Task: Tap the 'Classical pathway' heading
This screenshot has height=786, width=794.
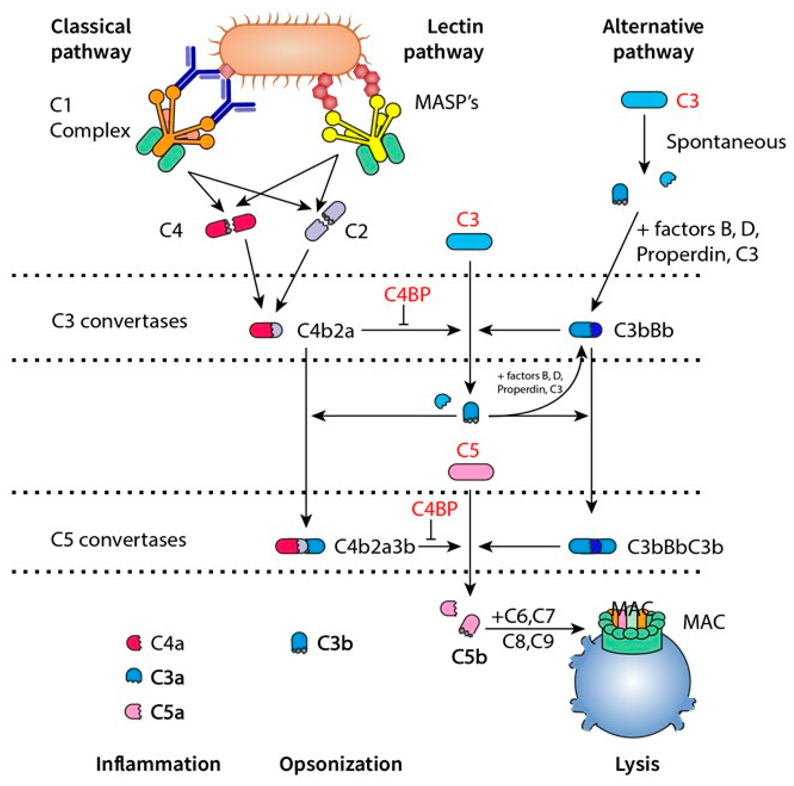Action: pyautogui.click(x=91, y=40)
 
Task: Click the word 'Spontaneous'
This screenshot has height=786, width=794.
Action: pyautogui.click(x=726, y=142)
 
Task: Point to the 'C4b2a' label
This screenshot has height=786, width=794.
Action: pyautogui.click(x=325, y=330)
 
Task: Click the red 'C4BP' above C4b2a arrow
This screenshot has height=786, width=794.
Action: pyautogui.click(x=407, y=295)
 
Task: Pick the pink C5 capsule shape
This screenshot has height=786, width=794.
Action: pyautogui.click(x=470, y=472)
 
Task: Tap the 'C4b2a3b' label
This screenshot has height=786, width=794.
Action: pyautogui.click(x=374, y=547)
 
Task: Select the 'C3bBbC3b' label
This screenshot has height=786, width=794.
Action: pyautogui.click(x=675, y=547)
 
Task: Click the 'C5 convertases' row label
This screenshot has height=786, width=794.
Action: pyautogui.click(x=118, y=540)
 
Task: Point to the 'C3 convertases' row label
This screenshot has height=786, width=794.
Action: pyautogui.click(x=119, y=321)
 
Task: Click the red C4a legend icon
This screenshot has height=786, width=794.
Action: pyautogui.click(x=134, y=643)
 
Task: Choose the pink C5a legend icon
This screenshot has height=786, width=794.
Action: pyautogui.click(x=134, y=711)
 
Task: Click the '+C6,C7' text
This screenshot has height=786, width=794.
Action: pyautogui.click(x=523, y=616)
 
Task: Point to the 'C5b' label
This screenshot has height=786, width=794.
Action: pyautogui.click(x=469, y=657)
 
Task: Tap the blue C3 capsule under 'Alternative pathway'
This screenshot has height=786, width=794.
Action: pyautogui.click(x=644, y=100)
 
